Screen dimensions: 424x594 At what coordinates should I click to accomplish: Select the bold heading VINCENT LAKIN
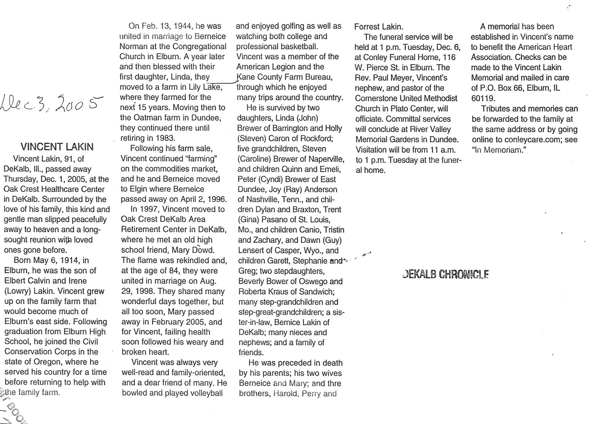point(57,147)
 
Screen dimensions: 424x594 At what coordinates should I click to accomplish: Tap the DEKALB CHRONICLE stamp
point(445,274)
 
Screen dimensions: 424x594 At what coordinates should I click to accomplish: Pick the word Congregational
point(200,47)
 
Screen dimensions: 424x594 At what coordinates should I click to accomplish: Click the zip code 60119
point(483,98)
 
